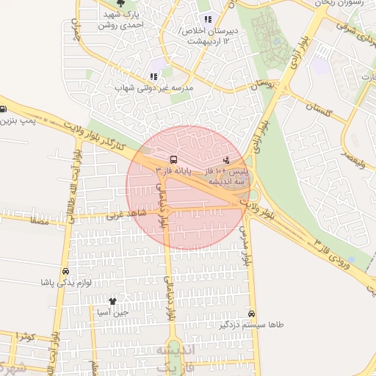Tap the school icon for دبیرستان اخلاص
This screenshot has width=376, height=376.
tap(208, 20)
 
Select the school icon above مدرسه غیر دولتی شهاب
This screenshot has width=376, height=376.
tap(153, 76)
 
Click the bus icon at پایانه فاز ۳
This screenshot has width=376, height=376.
tap(173, 159)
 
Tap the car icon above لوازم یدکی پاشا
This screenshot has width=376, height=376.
tap(67, 271)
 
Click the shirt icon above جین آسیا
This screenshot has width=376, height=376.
tap(112, 301)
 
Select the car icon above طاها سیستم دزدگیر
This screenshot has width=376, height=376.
tap(252, 313)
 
